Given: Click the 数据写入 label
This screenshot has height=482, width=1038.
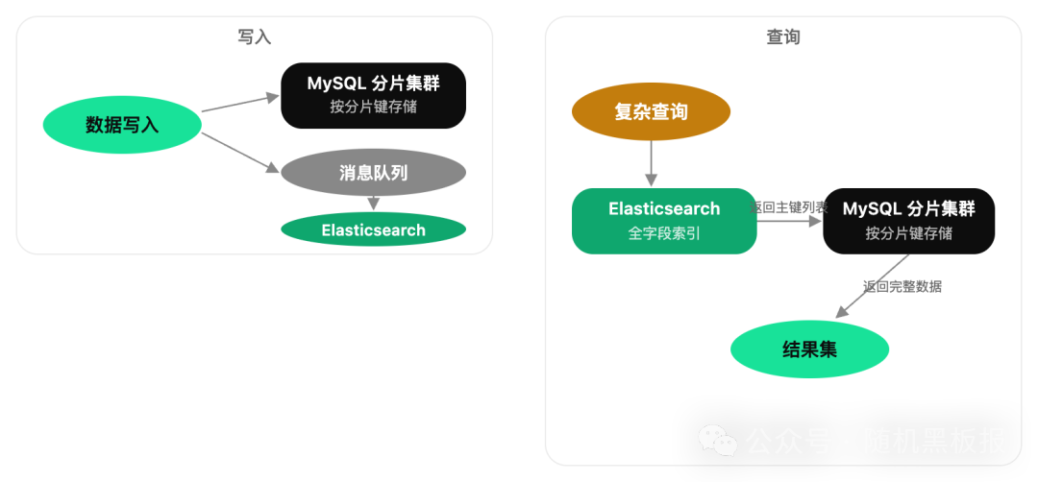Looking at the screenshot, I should pyautogui.click(x=122, y=125).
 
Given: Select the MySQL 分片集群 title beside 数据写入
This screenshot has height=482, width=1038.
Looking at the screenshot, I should pyautogui.click(x=373, y=84).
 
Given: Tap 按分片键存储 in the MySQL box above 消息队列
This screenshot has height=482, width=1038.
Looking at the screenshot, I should pyautogui.click(x=373, y=107).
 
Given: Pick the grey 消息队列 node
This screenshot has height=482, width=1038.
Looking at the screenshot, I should pyautogui.click(x=373, y=173).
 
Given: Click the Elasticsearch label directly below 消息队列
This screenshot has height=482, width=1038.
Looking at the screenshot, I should pyautogui.click(x=373, y=230).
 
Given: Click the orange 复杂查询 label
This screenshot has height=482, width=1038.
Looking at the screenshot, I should pyautogui.click(x=651, y=112).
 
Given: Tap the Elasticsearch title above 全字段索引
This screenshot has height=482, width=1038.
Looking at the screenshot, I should pyautogui.click(x=663, y=209).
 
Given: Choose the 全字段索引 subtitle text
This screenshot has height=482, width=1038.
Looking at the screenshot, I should pyautogui.click(x=663, y=232).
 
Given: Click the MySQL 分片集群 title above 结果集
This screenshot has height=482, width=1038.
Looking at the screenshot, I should pyautogui.click(x=908, y=209).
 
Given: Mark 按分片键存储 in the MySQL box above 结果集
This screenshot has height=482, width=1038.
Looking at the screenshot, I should pyautogui.click(x=908, y=232).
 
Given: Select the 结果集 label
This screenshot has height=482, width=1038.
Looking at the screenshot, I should pyautogui.click(x=809, y=349).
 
